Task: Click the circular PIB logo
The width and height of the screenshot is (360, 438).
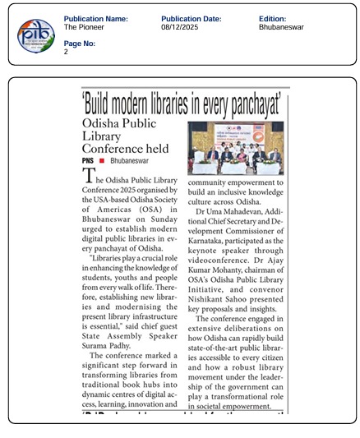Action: pos(35,34)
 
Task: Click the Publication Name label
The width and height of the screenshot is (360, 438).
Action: pos(95,19)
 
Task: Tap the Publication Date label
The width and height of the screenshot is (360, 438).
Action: pos(191,19)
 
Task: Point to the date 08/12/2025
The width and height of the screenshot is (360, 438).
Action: pos(180,27)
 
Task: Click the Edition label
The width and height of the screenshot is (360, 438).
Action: pos(272,19)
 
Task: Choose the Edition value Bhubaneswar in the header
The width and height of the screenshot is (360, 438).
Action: pos(280,27)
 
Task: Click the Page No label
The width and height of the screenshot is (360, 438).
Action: pos(80,43)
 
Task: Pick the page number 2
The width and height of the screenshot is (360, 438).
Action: pos(66,51)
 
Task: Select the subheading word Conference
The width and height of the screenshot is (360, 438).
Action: pos(113,149)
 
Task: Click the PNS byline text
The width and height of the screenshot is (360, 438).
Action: pos(88,161)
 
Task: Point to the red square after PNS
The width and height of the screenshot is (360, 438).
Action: pos(103,162)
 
